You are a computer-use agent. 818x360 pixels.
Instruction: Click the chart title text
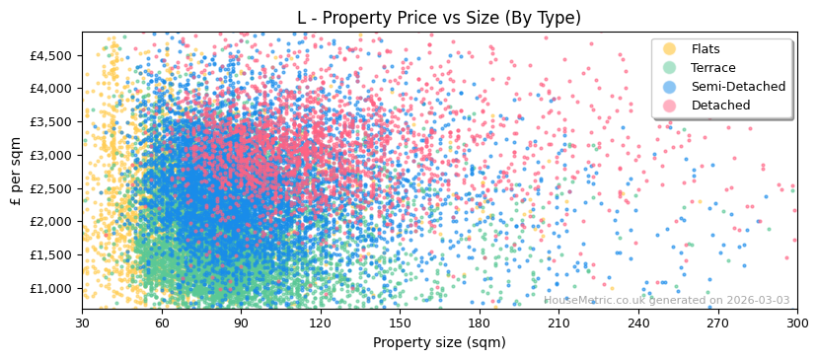439,18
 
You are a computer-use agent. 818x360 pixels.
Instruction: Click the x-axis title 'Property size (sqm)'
439,343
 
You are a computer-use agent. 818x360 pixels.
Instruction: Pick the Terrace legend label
712,68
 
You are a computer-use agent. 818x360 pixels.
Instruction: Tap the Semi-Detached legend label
738,87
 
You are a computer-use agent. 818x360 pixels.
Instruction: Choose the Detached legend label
720,106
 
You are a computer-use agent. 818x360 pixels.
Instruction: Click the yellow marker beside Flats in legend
670,49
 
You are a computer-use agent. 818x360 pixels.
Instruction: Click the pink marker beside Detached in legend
670,106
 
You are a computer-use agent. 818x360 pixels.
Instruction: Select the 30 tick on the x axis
82,323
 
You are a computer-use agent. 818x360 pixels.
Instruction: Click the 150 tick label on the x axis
400,323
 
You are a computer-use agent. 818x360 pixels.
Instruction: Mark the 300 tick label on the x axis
796,323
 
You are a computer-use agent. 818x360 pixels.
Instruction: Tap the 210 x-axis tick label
558,323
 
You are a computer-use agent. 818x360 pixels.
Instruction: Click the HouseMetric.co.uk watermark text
666,301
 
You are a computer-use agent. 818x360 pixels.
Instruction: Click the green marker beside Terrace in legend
670,68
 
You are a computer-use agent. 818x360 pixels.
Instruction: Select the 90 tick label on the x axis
241,323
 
